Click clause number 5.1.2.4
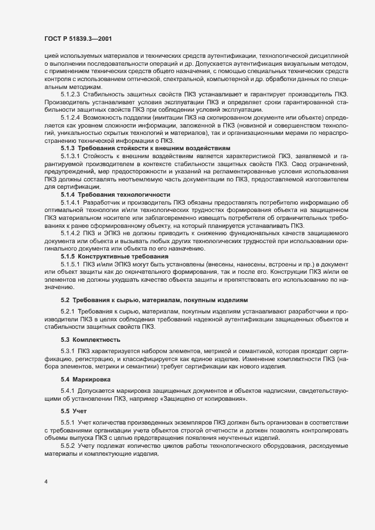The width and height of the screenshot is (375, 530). point(71,116)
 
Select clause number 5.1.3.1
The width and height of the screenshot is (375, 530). point(71,155)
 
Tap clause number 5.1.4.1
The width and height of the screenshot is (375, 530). point(71,202)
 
